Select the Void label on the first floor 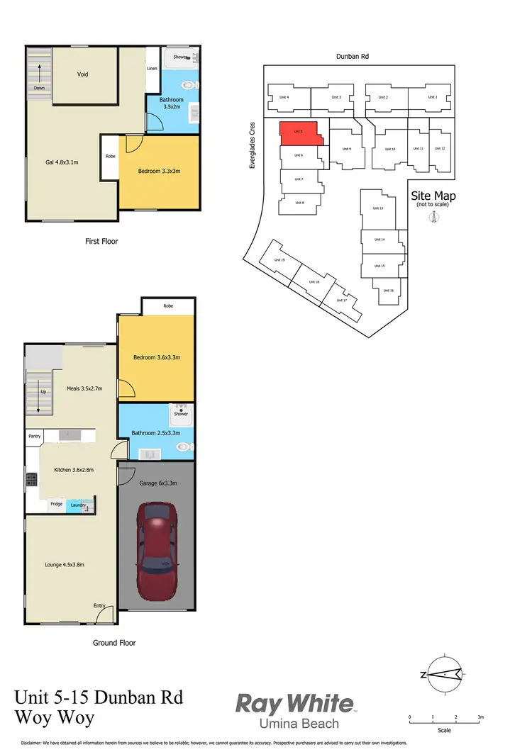pos(82,74)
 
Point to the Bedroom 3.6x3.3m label pos(157,358)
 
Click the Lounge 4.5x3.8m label pos(65,564)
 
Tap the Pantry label pos(35,437)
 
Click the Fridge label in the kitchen pos(55,504)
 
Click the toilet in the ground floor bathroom pos(184,447)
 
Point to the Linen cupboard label pos(152,69)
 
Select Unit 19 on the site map pos(279,260)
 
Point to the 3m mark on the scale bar pos(480,718)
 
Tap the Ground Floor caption pos(114,643)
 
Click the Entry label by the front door pos(99,605)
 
